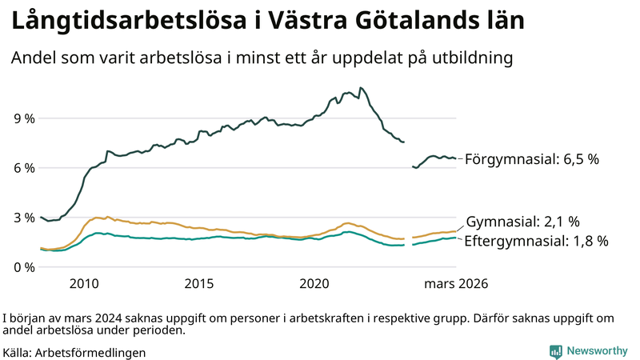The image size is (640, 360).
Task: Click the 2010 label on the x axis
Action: (84, 284)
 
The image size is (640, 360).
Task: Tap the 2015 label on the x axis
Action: (199, 284)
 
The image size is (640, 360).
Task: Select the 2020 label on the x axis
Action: (314, 284)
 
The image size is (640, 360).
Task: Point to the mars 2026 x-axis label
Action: (456, 284)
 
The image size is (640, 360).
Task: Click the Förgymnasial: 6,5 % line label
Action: (531, 159)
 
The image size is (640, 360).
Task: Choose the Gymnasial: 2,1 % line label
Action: (522, 222)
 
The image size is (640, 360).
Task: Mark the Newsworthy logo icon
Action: (555, 351)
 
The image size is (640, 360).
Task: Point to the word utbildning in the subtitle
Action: (472, 58)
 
